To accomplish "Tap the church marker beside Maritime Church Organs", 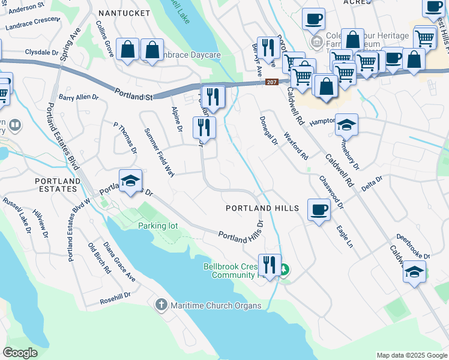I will tap(161, 305).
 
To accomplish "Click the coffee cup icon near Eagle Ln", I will tap(318, 210).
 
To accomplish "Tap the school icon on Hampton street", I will tap(346, 125).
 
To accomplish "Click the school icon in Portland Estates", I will tap(130, 181).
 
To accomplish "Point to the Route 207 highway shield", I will tap(272, 82).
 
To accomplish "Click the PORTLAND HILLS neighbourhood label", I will tap(262, 208).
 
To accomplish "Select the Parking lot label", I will tap(158, 226).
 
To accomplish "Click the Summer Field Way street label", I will tap(159, 152).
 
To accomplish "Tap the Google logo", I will tap(20, 353).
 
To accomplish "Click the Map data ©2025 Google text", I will tap(412, 355).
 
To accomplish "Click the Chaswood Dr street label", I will tap(331, 191).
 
